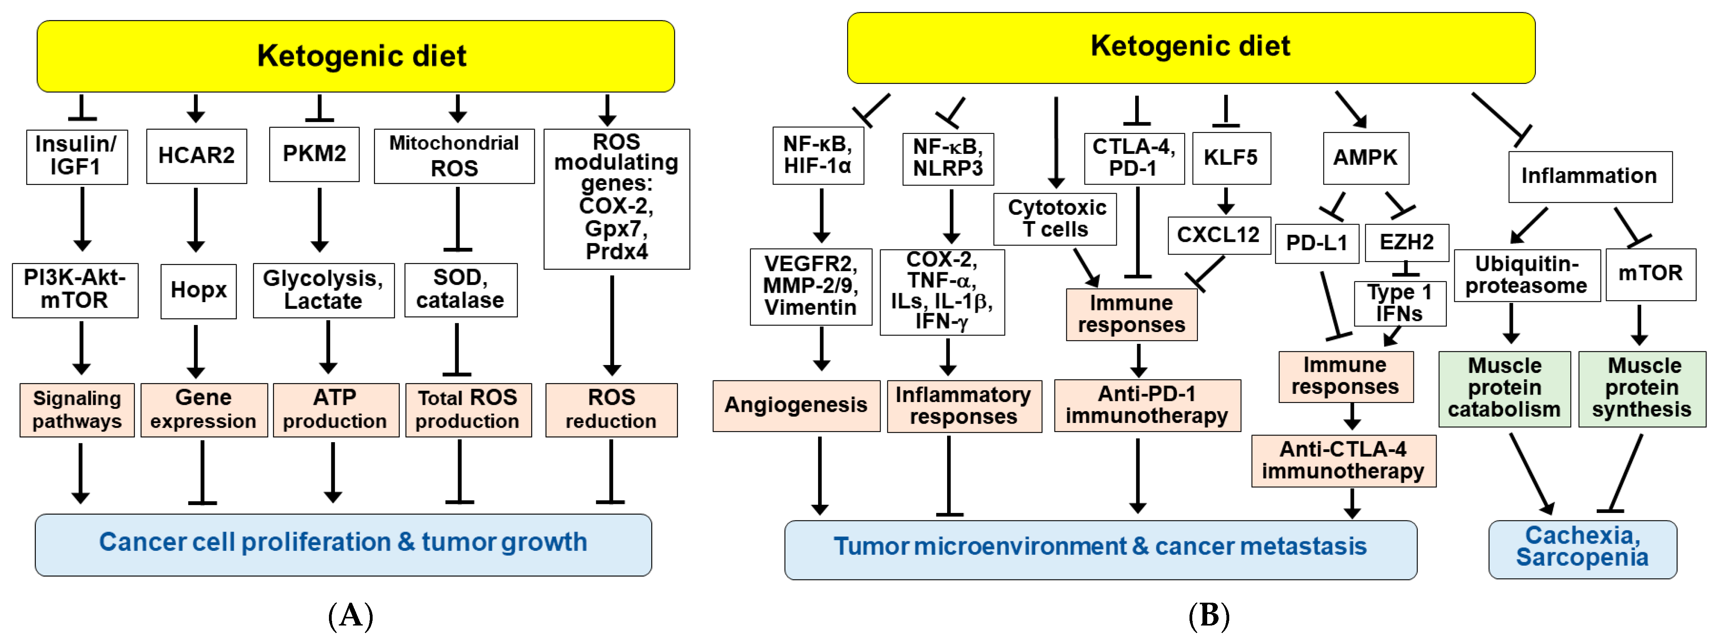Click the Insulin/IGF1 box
[x=76, y=156]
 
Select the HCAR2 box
[x=196, y=156]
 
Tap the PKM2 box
[x=314, y=154]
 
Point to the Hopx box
[x=198, y=291]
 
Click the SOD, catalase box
[x=460, y=290]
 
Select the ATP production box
[x=335, y=409]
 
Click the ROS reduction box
[x=611, y=409]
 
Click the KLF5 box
[x=1231, y=158]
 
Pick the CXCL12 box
[x=1218, y=235]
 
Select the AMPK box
[x=1365, y=158]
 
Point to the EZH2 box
[x=1406, y=242]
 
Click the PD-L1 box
[x=1316, y=244]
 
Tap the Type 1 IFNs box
[x=1399, y=303]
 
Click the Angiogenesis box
[x=796, y=405]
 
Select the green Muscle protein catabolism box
[x=1504, y=389]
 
